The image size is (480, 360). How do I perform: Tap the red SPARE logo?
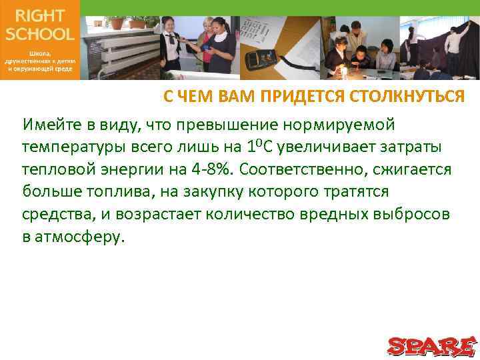click(x=431, y=347)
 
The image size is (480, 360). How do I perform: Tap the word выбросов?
click(x=411, y=215)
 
